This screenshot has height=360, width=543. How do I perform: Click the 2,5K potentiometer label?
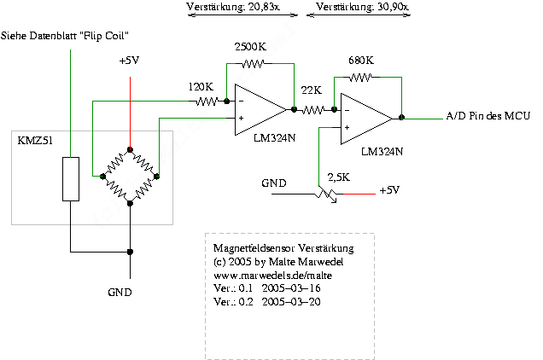(x=338, y=177)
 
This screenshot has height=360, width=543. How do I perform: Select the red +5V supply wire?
(x=130, y=111)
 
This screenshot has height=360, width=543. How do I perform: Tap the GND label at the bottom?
(x=120, y=292)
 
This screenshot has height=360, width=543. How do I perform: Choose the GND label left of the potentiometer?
(x=275, y=183)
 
